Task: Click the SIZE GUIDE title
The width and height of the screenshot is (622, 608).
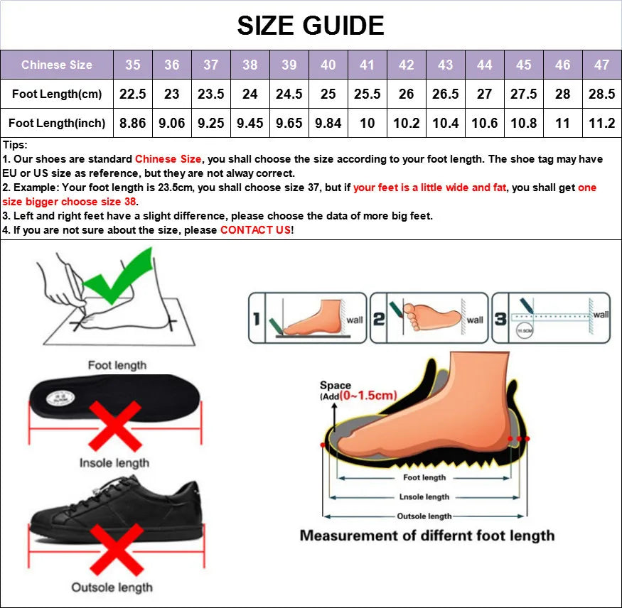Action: click(311, 26)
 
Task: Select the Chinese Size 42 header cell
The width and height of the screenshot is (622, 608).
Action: click(406, 65)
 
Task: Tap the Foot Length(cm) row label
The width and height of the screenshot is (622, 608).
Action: click(57, 94)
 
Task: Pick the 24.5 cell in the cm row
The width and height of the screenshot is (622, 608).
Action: click(289, 94)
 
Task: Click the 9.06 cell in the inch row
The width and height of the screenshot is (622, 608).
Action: click(172, 123)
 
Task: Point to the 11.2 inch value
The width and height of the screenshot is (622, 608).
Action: click(601, 123)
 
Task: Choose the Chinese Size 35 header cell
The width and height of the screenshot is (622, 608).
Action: click(133, 65)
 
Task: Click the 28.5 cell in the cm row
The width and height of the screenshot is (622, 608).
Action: click(601, 94)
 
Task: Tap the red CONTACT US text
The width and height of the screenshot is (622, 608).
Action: click(255, 230)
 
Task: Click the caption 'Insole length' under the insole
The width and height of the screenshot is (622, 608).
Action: click(114, 463)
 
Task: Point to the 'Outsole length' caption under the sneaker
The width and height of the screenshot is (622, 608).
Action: click(112, 587)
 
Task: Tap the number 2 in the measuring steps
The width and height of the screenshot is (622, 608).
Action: click(379, 320)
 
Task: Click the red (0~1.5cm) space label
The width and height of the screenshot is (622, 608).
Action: click(368, 396)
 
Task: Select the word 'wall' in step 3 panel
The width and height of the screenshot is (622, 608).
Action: click(601, 315)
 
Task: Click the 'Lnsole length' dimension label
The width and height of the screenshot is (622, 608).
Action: click(424, 497)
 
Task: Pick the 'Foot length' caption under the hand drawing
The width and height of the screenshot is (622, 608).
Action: click(117, 365)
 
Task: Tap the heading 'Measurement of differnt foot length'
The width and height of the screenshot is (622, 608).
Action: click(427, 536)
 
